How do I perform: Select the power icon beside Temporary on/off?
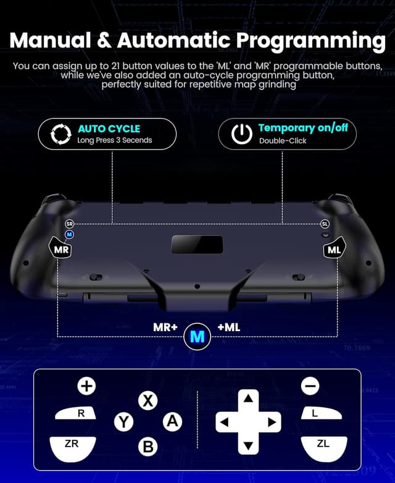[241, 133]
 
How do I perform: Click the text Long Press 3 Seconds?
[115, 141]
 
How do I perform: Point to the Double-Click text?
[283, 141]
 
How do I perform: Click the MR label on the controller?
[61, 250]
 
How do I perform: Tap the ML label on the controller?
[335, 250]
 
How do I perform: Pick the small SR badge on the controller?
[69, 224]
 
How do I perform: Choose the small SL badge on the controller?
[325, 224]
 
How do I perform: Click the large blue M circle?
[197, 337]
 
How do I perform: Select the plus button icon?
[86, 387]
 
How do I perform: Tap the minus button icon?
[310, 387]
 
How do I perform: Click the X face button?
[148, 401]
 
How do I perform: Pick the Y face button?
[123, 422]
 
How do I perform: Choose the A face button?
[172, 422]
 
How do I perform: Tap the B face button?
[148, 446]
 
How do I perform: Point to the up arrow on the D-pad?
[248, 398]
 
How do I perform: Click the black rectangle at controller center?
[197, 243]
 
